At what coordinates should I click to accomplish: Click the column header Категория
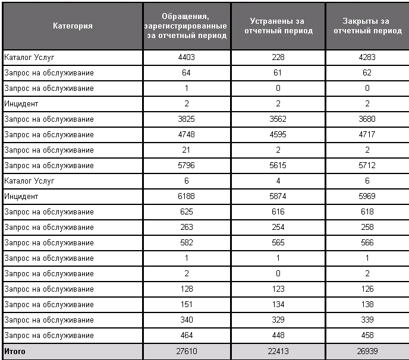click(x=73, y=26)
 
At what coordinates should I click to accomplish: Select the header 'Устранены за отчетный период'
click(x=278, y=26)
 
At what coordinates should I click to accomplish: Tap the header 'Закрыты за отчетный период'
click(x=367, y=26)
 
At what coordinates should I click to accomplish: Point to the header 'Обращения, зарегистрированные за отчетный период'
click(x=187, y=26)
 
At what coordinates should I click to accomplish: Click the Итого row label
click(x=15, y=352)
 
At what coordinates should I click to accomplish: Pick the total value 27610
click(x=187, y=352)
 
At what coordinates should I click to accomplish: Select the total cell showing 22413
click(x=278, y=352)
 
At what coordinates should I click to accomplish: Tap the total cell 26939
click(x=367, y=352)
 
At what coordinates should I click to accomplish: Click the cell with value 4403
click(x=187, y=58)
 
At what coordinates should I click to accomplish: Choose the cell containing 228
click(x=278, y=58)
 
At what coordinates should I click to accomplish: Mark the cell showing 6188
click(x=187, y=197)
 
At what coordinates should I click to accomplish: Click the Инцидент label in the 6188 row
click(x=21, y=197)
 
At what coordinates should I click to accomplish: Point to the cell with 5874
click(x=278, y=197)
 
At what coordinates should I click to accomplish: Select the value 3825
click(x=187, y=119)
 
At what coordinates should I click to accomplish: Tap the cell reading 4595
click(x=278, y=135)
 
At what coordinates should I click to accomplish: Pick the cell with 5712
click(x=367, y=166)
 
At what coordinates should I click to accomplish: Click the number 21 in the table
click(x=187, y=150)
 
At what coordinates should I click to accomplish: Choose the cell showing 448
click(x=278, y=336)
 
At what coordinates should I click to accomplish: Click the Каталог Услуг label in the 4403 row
click(x=29, y=58)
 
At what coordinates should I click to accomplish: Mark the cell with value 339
click(x=367, y=320)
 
